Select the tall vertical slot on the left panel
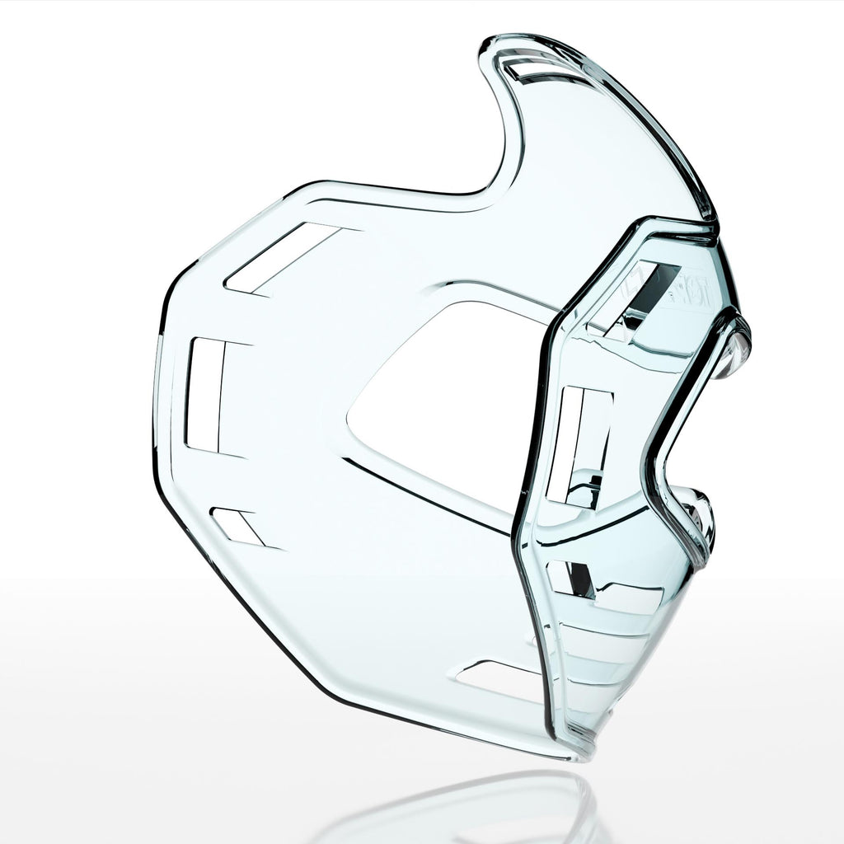pos(206,395)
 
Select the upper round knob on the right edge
pos(736,346)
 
